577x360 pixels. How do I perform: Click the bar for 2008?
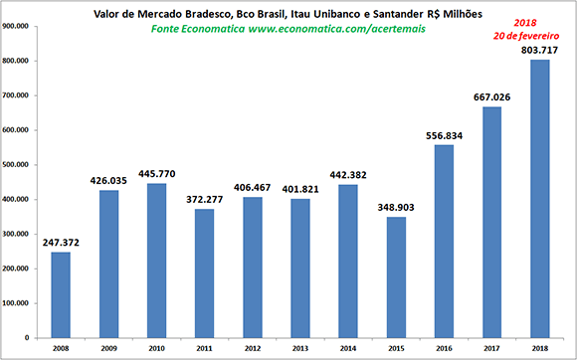pos(61,295)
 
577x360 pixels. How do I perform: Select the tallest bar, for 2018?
pos(540,199)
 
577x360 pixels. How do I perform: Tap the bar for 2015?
pos(396,277)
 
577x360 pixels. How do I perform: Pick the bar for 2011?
pos(204,273)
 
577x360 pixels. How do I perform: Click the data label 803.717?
pos(539,50)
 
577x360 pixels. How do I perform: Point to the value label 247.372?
pos(61,243)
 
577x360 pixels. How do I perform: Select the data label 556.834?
pos(444,135)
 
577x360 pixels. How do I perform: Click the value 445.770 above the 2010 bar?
pos(157,174)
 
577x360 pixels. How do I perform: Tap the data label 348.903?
pos(396,208)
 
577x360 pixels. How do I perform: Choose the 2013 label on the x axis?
pos(300,349)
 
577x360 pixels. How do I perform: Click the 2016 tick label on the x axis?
pos(444,349)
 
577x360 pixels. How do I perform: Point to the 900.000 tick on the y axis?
pos(15,26)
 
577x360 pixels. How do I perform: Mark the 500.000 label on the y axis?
pos(15,165)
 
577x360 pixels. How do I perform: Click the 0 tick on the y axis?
pos(27,338)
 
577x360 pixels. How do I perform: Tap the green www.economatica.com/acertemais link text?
pos(336,29)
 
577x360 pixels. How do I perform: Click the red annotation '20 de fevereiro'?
pos(526,36)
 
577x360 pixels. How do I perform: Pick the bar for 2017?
pos(492,223)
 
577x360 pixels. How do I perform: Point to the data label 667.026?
pos(492,97)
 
